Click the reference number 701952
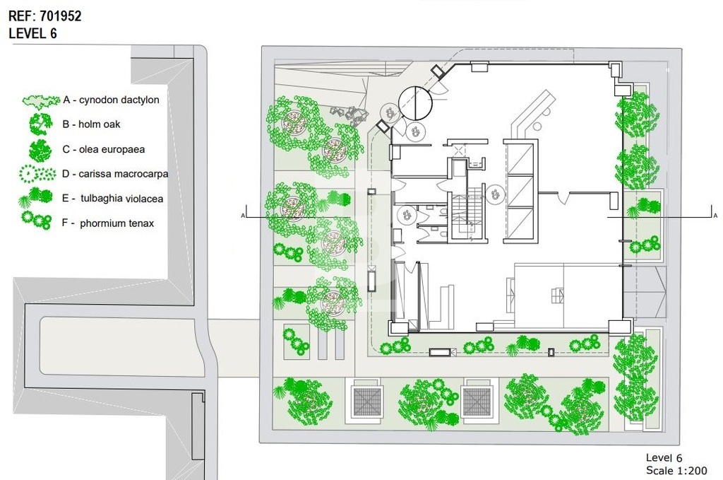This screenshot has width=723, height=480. [x=61, y=16]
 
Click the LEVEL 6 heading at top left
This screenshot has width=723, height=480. [x=32, y=33]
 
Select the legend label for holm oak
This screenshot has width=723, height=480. [x=91, y=124]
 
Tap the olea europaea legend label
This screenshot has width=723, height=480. [x=104, y=150]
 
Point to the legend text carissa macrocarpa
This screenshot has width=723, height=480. [x=115, y=174]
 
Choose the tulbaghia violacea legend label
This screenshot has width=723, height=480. [x=112, y=199]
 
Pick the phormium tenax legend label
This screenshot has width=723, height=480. [x=108, y=223]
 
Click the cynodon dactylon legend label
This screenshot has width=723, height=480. [x=111, y=100]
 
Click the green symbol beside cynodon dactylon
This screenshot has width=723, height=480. [x=40, y=100]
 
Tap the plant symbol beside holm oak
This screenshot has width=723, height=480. [x=40, y=124]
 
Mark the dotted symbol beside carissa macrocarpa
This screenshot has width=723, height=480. [x=37, y=173]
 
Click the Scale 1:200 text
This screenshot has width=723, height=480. [x=676, y=471]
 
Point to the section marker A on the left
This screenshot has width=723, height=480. [x=243, y=216]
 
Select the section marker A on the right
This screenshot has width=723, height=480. [x=715, y=216]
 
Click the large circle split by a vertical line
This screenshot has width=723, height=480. [x=415, y=103]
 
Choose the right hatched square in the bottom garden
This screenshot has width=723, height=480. [x=477, y=402]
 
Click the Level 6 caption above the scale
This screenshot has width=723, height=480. [x=664, y=458]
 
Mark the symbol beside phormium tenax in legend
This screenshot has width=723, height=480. [x=37, y=221]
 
